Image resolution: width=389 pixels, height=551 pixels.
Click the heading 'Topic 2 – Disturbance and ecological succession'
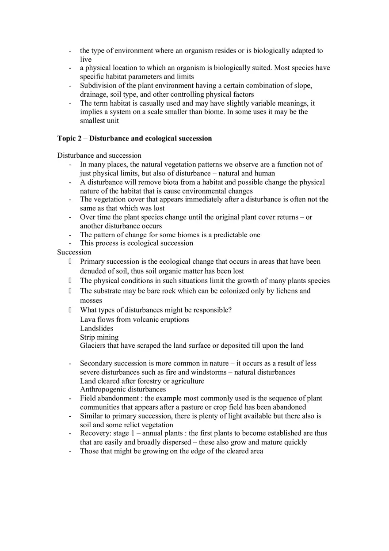[134, 138]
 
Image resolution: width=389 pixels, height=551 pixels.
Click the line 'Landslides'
[96, 328]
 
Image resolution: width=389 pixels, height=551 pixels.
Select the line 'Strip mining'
[99, 337]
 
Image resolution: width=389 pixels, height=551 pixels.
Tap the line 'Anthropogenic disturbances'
[123, 389]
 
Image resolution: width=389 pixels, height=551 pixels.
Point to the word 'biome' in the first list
[273, 112]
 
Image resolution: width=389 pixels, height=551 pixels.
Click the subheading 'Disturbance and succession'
[99, 156]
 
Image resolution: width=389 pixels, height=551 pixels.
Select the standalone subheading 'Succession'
[74, 252]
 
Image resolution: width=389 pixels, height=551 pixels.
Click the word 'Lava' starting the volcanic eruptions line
[88, 319]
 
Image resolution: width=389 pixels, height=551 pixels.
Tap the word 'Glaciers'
[93, 346]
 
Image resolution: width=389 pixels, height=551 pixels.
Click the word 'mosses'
[91, 300]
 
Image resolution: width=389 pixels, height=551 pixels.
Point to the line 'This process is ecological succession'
[136, 243]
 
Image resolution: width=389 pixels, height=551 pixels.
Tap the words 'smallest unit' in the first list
[99, 120]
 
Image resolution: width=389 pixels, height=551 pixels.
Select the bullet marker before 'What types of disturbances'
[70, 310]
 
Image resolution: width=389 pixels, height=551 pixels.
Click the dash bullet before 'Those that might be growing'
[70, 451]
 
